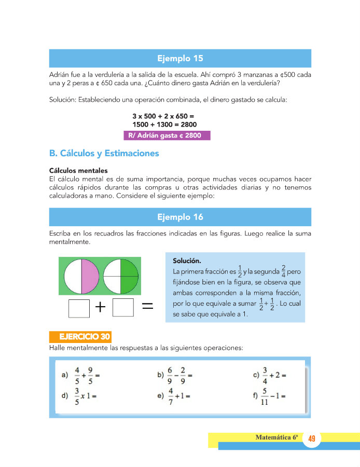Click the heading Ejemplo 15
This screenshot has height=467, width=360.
pos(180,58)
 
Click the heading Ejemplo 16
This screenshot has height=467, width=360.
pos(180,217)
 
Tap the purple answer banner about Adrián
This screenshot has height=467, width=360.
pos(167,135)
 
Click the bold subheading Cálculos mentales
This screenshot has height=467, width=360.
pos(78,170)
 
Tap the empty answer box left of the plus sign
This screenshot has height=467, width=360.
pos(79,308)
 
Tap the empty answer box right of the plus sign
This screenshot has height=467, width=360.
pos(123,308)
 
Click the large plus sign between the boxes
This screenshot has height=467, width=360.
pos(101,308)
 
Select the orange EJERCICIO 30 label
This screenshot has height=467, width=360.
pos(80,337)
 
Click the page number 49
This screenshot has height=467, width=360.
pos(312,439)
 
